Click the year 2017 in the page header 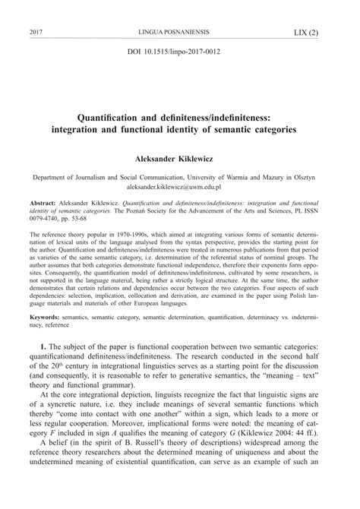pos(35,33)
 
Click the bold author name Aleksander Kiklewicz pos(180,160)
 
